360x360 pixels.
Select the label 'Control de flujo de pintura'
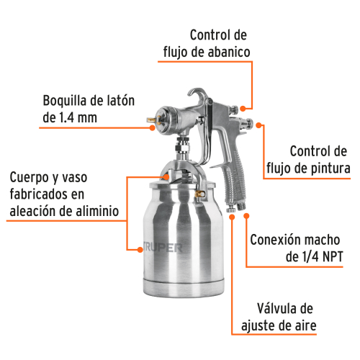[x=320, y=161]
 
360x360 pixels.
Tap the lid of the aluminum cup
[x=176, y=179]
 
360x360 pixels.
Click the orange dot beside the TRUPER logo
[x=139, y=249]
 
